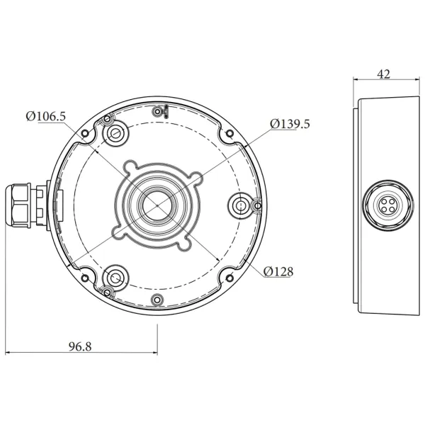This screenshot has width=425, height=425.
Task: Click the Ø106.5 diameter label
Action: click(45, 116)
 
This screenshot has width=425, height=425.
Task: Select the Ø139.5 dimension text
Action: click(290, 123)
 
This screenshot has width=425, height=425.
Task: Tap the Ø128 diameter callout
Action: click(278, 271)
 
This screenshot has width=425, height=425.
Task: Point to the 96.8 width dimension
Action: click(82, 346)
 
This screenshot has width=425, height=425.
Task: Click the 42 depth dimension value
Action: click(385, 74)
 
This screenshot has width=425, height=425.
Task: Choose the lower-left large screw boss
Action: click(113, 276)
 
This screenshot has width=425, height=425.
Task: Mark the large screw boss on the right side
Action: click(242, 205)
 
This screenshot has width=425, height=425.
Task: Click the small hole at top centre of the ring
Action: click(157, 110)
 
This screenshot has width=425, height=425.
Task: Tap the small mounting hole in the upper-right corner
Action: click(228, 133)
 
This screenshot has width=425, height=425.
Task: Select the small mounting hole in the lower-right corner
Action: click(228, 278)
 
